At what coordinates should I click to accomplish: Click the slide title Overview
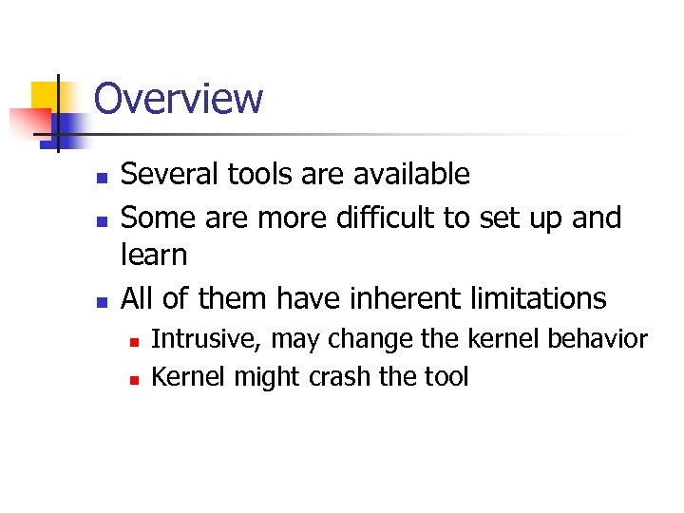179,98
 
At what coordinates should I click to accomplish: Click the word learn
155,255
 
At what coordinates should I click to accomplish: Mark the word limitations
538,298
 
